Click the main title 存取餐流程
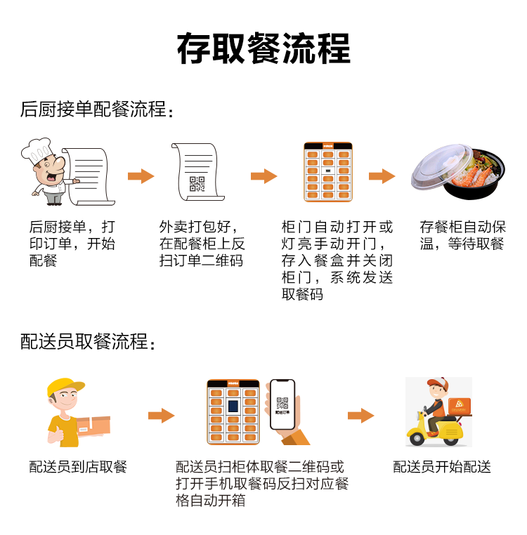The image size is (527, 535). click(263, 48)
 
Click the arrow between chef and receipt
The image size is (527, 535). click(141, 176)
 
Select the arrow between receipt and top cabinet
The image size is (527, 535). click(263, 176)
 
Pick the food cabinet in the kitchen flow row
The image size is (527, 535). click(327, 173)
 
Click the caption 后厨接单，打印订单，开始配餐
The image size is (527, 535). click(72, 244)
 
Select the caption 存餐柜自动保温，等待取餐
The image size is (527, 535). click(462, 235)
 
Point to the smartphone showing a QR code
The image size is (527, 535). click(282, 404)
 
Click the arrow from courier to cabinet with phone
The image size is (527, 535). click(161, 416)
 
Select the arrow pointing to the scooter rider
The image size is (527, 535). click(361, 416)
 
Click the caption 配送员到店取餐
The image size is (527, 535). click(78, 467)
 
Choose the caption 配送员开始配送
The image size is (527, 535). click(441, 467)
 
